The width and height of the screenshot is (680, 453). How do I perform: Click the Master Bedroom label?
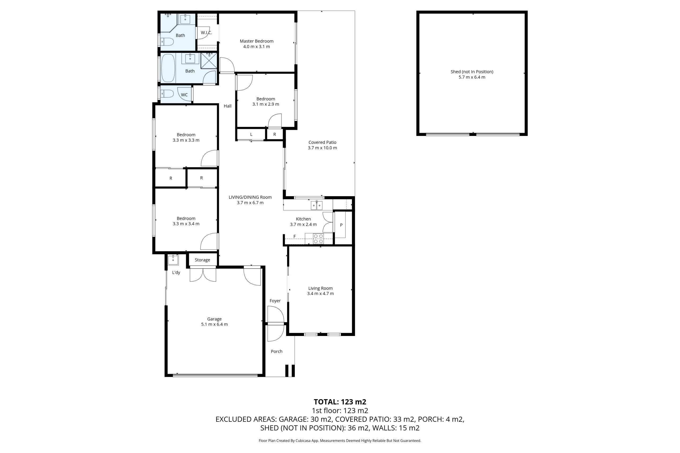click(256, 41)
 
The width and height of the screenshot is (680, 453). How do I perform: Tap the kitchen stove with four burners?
click(318, 239)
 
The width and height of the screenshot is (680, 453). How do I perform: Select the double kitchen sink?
click(317, 205)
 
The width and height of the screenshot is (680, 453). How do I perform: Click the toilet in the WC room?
click(167, 94)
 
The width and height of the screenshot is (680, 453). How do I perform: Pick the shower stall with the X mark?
click(209, 61)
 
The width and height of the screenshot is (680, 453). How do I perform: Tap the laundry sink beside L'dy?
click(173, 260)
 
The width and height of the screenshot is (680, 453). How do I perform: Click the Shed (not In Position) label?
click(472, 72)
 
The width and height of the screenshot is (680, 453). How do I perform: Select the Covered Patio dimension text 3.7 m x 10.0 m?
click(322, 148)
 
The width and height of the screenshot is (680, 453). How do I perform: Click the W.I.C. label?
click(206, 33)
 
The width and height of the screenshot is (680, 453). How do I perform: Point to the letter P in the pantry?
click(341, 225)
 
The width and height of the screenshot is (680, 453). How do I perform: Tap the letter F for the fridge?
click(295, 236)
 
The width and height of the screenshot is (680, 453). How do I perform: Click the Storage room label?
click(202, 260)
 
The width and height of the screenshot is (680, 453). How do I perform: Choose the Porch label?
click(277, 351)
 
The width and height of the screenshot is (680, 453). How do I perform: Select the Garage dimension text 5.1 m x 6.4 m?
click(215, 324)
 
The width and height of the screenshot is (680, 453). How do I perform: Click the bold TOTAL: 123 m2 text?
click(340, 402)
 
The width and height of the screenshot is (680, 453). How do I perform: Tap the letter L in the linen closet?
click(251, 134)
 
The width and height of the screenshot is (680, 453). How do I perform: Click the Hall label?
click(228, 106)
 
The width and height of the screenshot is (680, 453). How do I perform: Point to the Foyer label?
click(275, 301)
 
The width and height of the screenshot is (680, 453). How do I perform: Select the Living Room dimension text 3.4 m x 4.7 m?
click(320, 294)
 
